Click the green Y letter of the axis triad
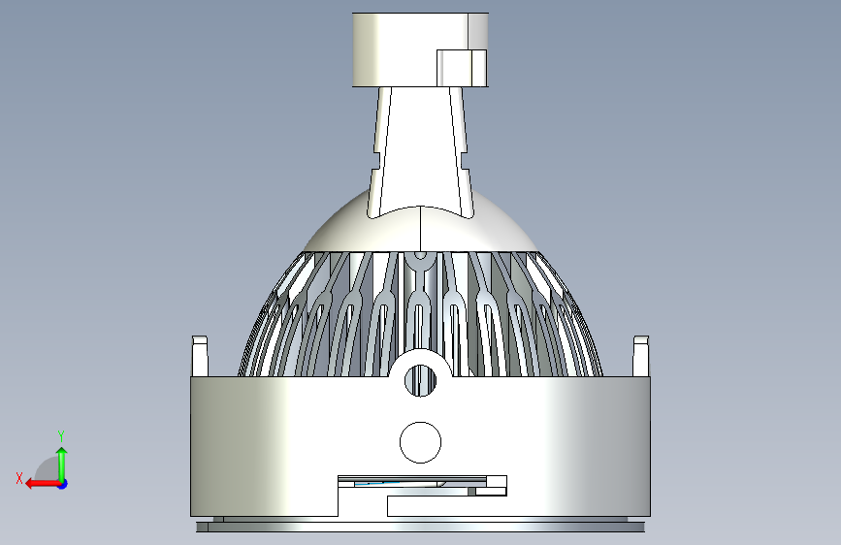point(61,435)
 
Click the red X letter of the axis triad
point(19,478)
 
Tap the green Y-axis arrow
point(62,465)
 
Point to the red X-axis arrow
point(44,484)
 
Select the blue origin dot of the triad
point(63,484)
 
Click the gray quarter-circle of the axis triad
point(48,468)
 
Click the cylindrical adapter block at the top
point(420,49)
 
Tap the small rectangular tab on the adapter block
point(462,68)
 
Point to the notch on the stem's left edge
point(376,161)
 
